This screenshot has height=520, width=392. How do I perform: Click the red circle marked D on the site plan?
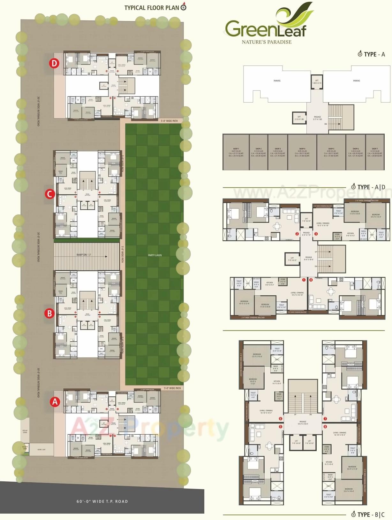(54, 63)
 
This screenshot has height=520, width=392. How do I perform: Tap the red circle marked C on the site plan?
(49, 194)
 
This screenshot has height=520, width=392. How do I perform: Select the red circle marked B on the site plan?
(49, 313)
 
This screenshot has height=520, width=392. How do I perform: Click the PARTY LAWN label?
(155, 255)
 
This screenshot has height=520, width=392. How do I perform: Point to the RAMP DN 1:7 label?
(84, 255)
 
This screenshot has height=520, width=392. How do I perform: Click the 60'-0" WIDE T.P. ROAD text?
(102, 501)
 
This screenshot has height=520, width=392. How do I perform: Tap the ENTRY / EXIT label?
(41, 449)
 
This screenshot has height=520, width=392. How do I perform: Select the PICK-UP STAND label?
(25, 431)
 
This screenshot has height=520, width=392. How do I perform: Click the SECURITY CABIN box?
(25, 448)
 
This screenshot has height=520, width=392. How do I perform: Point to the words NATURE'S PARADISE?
(267, 42)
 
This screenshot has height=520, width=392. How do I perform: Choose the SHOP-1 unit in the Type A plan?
(236, 152)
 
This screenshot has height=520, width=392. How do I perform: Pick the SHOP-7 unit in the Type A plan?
(375, 152)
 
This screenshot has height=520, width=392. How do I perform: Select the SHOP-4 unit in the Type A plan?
(302, 152)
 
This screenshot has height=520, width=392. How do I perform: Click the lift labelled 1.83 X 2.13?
(317, 82)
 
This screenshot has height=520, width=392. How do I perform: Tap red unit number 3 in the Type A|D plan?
(316, 234)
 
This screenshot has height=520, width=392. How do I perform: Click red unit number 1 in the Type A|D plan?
(304, 280)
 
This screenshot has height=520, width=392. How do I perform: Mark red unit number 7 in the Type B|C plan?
(325, 418)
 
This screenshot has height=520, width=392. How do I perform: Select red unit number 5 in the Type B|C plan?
(281, 426)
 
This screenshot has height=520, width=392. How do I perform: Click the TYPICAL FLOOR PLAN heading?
(152, 8)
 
